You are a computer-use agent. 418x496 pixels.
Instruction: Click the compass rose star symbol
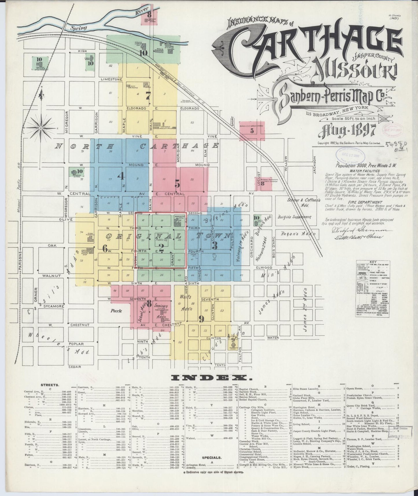41,128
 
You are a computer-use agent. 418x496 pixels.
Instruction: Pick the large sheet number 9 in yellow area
201,319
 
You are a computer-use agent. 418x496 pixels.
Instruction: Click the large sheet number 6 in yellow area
105,248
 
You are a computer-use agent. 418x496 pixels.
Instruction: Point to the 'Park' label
116,311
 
